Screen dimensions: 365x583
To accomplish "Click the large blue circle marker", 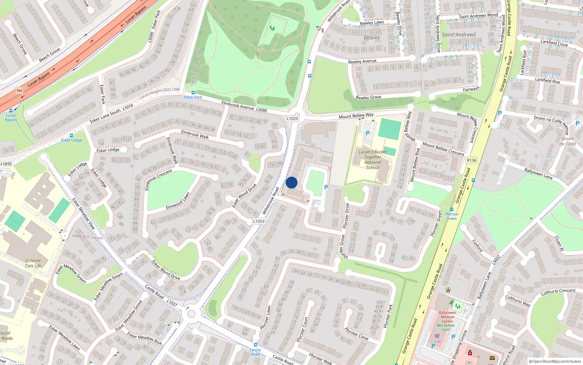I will click(x=291, y=182).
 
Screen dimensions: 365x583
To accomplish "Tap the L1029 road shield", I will click(x=292, y=119).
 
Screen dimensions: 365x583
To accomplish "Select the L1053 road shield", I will click(x=259, y=221).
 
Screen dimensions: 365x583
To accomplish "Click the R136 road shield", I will click(x=472, y=160).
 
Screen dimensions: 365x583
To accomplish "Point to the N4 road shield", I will click(x=19, y=91).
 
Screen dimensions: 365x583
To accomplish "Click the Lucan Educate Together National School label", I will click(x=372, y=160).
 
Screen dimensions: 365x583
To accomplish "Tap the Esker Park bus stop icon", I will click(x=193, y=92).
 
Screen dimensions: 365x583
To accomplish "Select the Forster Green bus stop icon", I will click(x=451, y=210).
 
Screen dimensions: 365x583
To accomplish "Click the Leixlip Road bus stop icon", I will click(x=255, y=345).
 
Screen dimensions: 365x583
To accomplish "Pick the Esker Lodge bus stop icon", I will click(x=71, y=135).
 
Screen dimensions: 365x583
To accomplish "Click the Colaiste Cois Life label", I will click(x=33, y=263).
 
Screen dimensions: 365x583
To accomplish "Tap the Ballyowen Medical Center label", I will click(x=447, y=317).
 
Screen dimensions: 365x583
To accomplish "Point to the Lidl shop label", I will click(x=437, y=342).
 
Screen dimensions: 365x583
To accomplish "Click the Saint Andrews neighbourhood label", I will click(x=459, y=35).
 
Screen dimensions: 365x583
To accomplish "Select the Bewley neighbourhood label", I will click(x=372, y=38).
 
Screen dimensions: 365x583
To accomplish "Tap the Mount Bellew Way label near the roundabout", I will click(x=356, y=116).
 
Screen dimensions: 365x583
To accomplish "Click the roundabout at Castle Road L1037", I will click(x=191, y=314).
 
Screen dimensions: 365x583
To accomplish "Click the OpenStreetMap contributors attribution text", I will click(x=555, y=361).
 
